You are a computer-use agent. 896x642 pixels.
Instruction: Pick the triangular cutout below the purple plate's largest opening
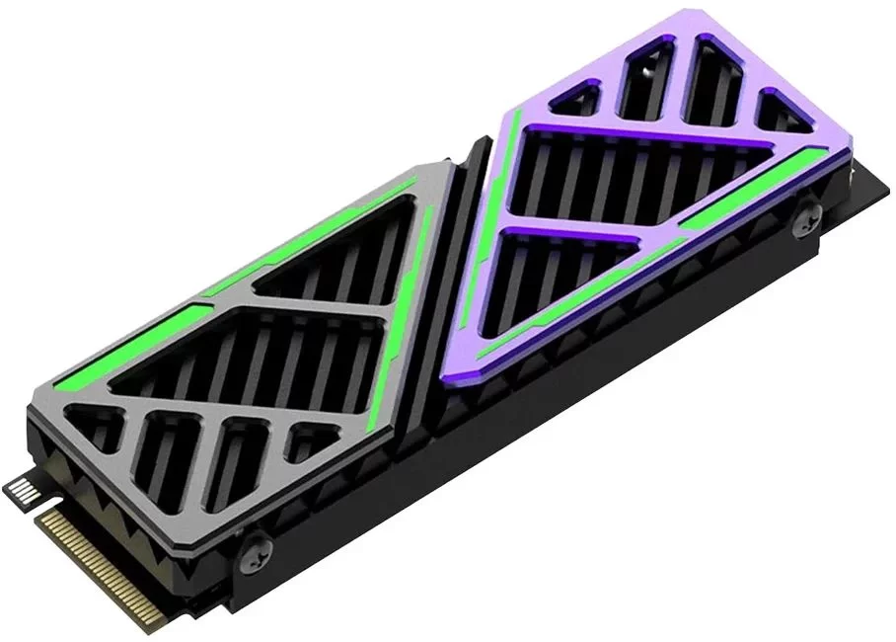point(562,267)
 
